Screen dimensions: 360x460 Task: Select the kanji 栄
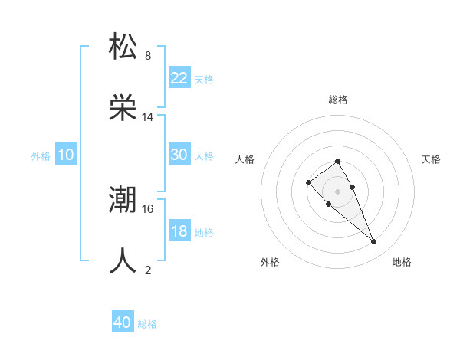pos(123,108)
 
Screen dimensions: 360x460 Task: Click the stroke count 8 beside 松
pos(148,56)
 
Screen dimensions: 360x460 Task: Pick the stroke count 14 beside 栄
pos(148,117)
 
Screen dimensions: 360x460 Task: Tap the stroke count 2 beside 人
pos(148,270)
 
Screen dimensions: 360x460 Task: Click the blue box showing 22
pos(179,77)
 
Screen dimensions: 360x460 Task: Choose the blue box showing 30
pos(179,155)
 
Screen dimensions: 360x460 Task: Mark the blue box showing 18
pos(179,231)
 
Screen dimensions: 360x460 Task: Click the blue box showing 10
pos(66,155)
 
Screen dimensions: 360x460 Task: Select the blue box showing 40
pos(123,322)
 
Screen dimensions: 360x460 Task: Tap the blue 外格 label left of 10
pos(41,155)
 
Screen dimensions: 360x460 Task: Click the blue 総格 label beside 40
pos(147,324)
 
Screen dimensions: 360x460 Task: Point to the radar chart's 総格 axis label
pos(337,100)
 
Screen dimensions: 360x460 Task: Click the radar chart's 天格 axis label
pos(431,159)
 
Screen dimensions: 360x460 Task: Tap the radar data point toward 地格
pos(374,242)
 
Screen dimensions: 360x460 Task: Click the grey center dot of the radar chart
pos(337,191)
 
